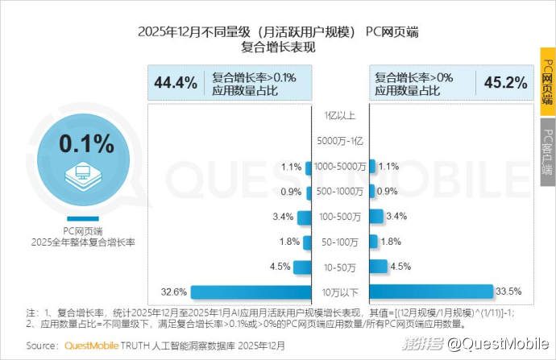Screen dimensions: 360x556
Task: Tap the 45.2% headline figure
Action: (505, 82)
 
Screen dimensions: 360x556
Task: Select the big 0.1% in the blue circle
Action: (86, 144)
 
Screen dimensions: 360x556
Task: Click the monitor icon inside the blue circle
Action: (81, 175)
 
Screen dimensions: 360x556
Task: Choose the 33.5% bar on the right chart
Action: (431, 292)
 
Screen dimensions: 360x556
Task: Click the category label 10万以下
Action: (340, 292)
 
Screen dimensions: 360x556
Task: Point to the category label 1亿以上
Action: (340, 116)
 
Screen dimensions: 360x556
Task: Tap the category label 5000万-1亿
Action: (340, 142)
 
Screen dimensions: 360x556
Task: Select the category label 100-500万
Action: (340, 217)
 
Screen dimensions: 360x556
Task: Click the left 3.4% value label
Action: (282, 217)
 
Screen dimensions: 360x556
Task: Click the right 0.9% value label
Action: (388, 192)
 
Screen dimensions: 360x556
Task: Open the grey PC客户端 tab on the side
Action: (547, 152)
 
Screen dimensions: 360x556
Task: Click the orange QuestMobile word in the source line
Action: (91, 345)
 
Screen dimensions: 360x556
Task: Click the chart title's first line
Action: (278, 32)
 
